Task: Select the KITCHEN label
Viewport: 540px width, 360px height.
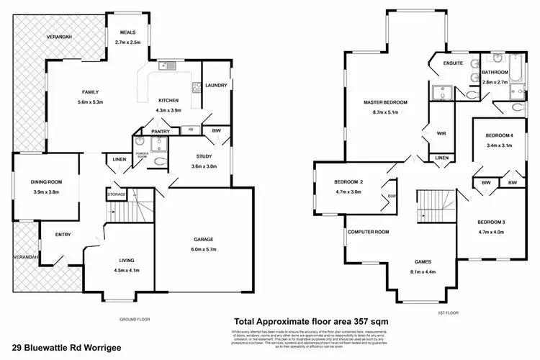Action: click(170, 100)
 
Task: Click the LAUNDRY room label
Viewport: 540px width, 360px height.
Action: click(217, 86)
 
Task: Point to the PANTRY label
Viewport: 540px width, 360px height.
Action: click(160, 132)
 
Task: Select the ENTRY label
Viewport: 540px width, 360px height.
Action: click(53, 234)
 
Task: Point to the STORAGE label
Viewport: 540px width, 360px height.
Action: click(117, 194)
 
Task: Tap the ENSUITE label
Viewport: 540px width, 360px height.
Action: click(453, 63)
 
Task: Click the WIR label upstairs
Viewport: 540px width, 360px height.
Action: click(443, 133)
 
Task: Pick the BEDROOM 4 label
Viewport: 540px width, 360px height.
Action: click(499, 135)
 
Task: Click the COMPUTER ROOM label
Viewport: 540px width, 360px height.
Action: click(368, 232)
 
